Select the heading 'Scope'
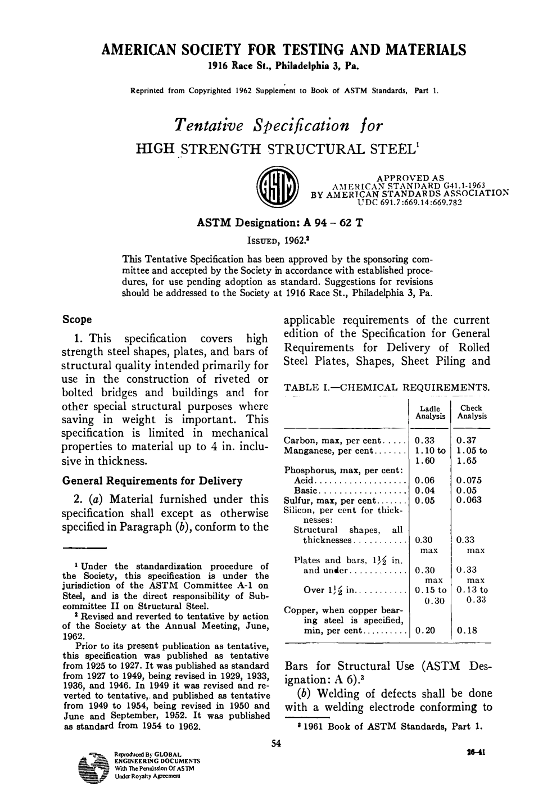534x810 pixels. (77, 320)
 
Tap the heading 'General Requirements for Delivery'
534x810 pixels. (152, 481)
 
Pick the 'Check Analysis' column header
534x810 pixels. (472, 412)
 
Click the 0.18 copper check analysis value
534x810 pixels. (466, 631)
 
